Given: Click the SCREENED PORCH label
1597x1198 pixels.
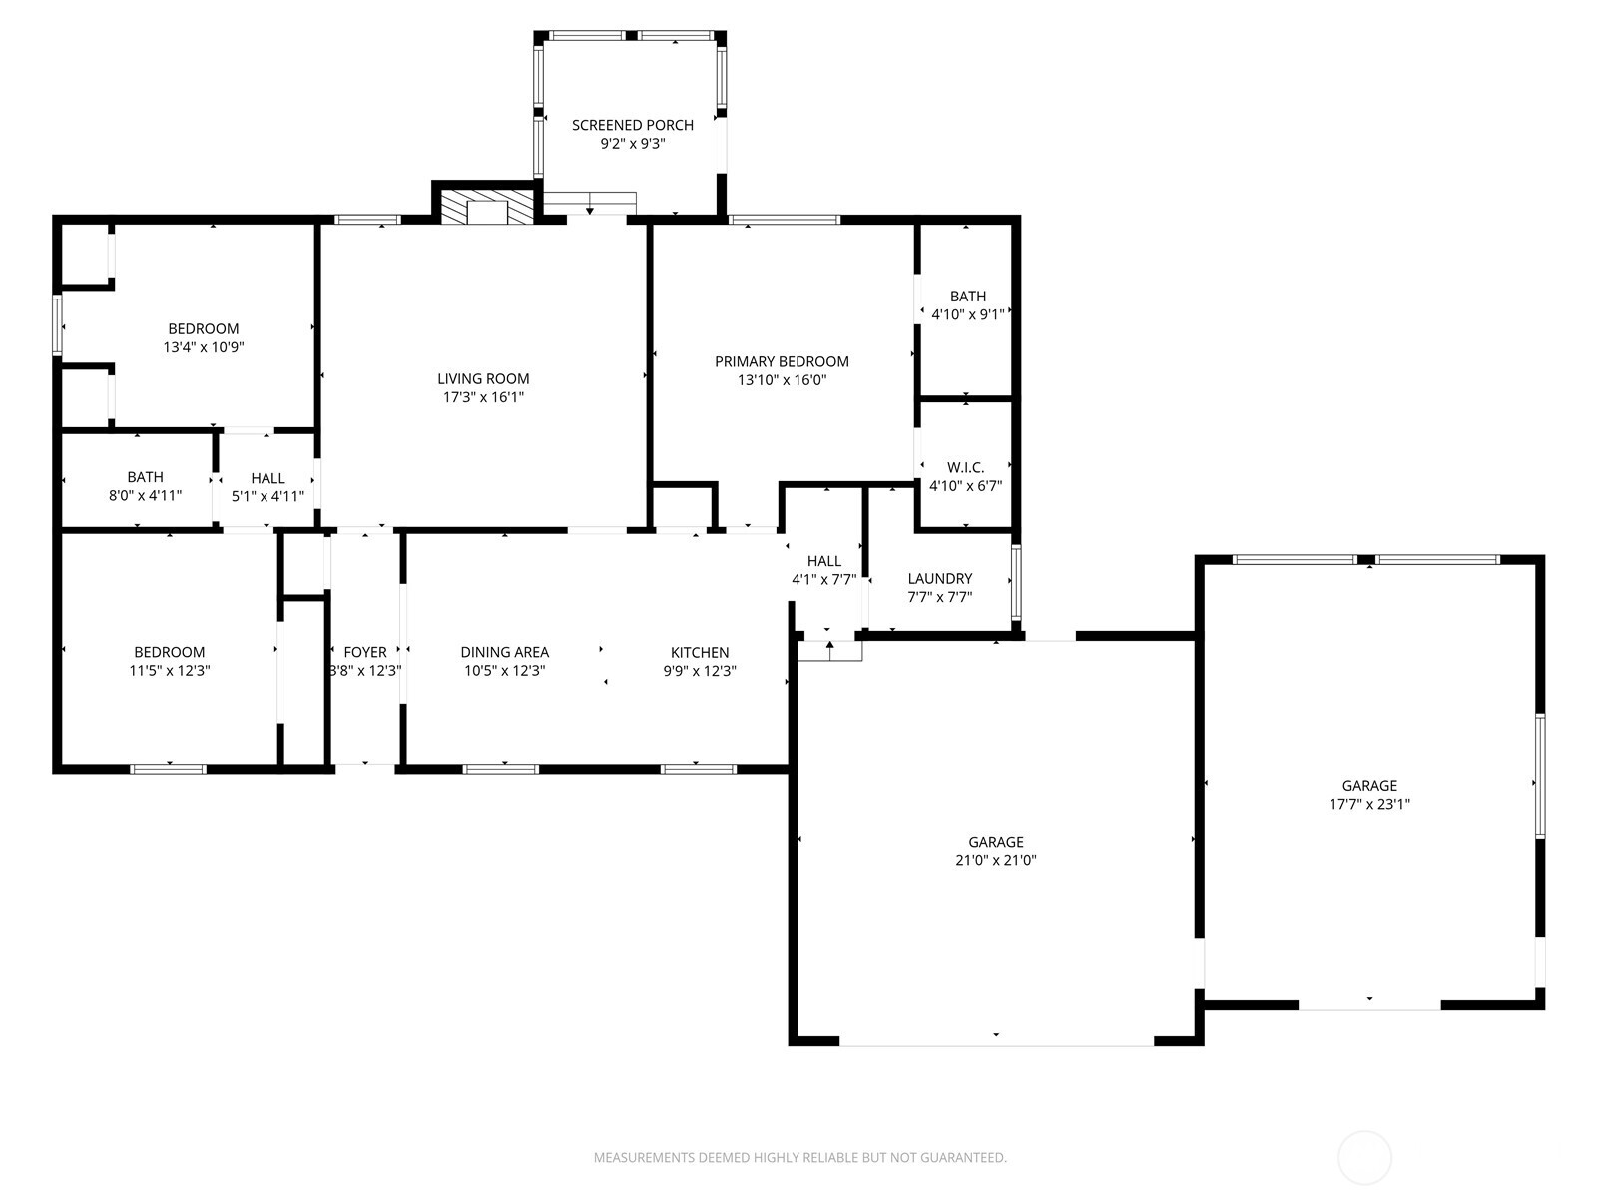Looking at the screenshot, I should tap(632, 125).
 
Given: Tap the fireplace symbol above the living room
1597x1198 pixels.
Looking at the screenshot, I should tap(488, 210).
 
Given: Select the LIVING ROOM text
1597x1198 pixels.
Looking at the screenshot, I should tap(483, 378).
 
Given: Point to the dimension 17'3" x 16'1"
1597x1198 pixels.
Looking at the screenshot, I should tap(483, 397).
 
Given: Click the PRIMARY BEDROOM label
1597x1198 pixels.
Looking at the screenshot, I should tap(782, 361).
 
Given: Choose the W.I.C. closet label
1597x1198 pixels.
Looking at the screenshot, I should tap(965, 467).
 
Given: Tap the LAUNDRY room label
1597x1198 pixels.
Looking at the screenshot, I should tap(939, 578).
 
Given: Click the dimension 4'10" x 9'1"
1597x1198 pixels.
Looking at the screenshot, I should tap(967, 313).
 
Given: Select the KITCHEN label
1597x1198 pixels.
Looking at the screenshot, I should tap(699, 652).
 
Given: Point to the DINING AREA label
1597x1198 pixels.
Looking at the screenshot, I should tap(504, 652).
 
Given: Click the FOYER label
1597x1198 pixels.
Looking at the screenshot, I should tap(364, 652).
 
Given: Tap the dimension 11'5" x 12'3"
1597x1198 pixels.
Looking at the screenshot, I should tap(169, 671).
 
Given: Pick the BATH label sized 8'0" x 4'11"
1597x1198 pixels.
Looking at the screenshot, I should tap(145, 477).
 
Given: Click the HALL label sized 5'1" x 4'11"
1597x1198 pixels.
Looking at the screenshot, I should tap(267, 478).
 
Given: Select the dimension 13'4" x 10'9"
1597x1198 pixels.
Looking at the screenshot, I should tap(203, 347).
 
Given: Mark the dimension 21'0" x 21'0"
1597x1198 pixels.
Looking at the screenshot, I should tap(995, 860).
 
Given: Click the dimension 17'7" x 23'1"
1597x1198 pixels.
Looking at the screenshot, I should tap(1368, 804).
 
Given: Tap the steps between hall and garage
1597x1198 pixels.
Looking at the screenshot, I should tap(829, 650).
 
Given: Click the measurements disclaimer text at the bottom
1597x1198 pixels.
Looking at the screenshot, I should tap(799, 1158).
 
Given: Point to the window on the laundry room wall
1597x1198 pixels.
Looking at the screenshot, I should tap(1016, 582).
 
